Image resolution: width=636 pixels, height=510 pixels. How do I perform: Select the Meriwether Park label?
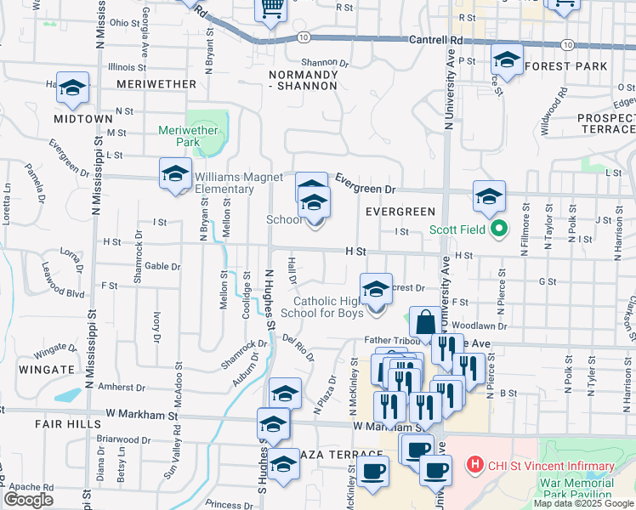pyautogui.click(x=188, y=136)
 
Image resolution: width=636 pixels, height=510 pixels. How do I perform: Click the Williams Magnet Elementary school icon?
pyautogui.click(x=175, y=174)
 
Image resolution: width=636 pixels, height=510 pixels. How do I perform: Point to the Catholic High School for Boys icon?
pyautogui.click(x=375, y=290)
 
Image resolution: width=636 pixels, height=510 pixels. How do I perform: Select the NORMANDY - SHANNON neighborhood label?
pyautogui.click(x=304, y=81)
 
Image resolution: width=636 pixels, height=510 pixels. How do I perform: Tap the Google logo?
pyautogui.click(x=28, y=500)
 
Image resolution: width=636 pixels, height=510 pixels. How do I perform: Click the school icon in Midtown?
pyautogui.click(x=72, y=88)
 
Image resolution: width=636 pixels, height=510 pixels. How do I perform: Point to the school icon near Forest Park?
pyautogui.click(x=507, y=60)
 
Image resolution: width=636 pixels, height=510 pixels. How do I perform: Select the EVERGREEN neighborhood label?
pyautogui.click(x=400, y=211)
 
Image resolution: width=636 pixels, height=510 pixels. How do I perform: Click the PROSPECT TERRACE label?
pyautogui.click(x=605, y=123)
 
